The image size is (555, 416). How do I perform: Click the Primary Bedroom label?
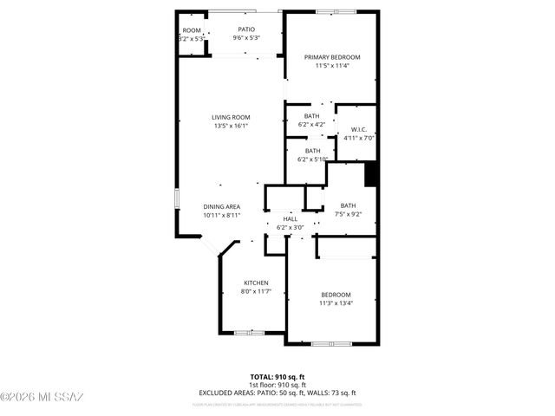332,57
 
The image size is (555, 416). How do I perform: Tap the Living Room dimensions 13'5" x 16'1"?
232,126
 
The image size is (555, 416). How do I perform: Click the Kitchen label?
255,283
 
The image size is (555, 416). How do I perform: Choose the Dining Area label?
222,206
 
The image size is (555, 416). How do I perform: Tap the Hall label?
290,218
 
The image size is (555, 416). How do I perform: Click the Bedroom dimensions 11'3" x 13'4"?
336,303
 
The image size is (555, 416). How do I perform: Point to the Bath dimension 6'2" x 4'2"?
311,124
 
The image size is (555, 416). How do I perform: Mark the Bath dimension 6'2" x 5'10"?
312,159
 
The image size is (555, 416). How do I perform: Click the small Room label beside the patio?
191,30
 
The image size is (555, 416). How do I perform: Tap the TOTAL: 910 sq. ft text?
277,376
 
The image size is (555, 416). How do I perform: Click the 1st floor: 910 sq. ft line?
277,384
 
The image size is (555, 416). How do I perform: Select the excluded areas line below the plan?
277,393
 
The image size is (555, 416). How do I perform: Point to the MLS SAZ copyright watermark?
42,397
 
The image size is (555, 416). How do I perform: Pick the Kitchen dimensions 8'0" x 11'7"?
255,291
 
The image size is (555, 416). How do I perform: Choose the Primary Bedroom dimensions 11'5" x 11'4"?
332,66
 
